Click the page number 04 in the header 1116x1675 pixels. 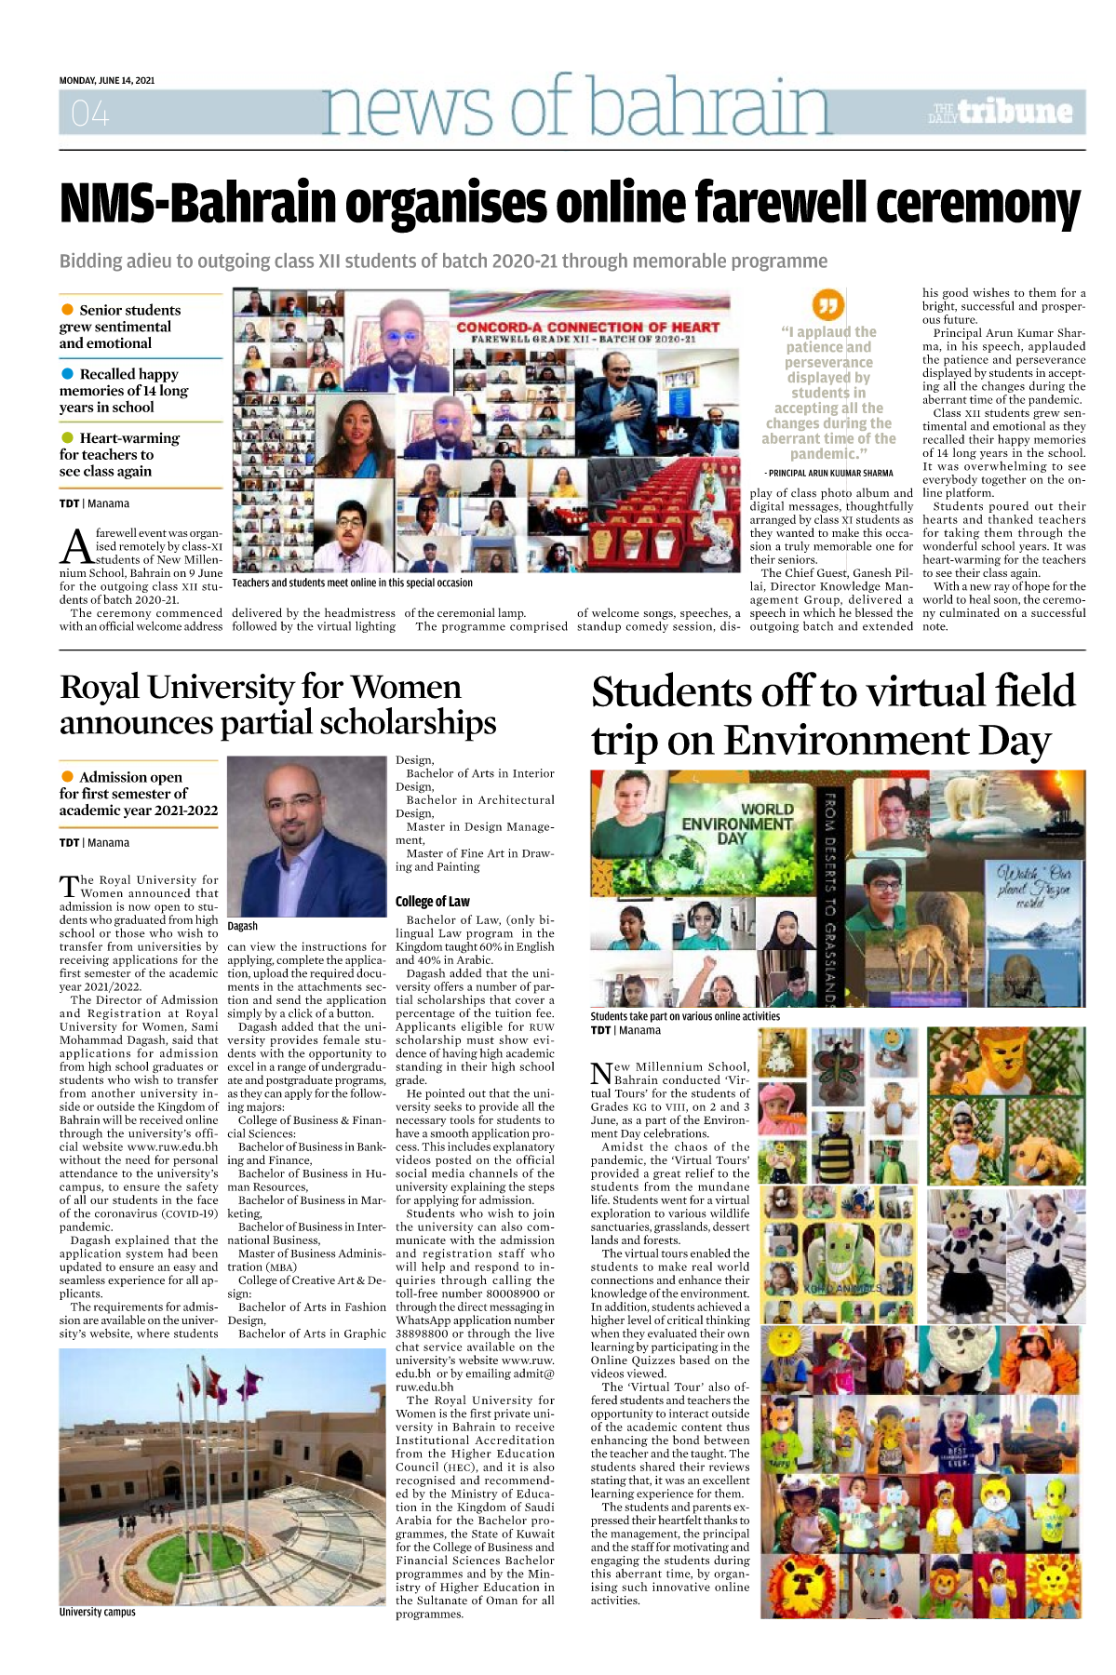(x=90, y=114)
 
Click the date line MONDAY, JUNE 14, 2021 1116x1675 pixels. (x=107, y=80)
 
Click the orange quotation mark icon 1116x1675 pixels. (x=827, y=303)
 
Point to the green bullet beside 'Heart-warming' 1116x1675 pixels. (x=67, y=437)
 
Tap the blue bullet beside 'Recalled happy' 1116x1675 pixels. (x=67, y=373)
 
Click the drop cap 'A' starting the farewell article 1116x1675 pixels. (x=75, y=546)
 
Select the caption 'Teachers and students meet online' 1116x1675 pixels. (x=352, y=583)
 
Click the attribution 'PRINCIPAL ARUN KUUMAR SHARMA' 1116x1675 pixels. (x=828, y=473)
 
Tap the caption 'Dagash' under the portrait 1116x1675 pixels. (x=242, y=926)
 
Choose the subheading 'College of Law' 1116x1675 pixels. (x=432, y=901)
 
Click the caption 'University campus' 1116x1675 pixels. (x=97, y=1612)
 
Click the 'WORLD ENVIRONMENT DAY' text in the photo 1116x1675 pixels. (x=737, y=823)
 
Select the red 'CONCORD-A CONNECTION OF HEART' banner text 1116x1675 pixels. (x=587, y=328)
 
